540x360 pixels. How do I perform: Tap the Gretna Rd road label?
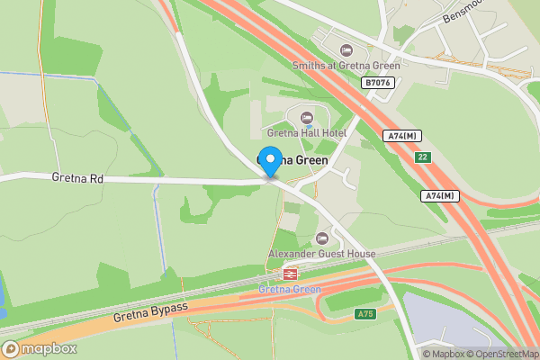tap(77, 179)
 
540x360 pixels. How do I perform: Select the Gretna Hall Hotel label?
tap(307, 133)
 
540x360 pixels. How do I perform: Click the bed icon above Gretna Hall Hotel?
tap(307, 118)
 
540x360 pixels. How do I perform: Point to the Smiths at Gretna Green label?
tap(346, 65)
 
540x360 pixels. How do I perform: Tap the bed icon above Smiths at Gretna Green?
tap(346, 49)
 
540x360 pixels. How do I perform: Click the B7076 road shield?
tap(378, 82)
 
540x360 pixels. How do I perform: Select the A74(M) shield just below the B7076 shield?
tap(401, 135)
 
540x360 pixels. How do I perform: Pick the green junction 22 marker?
tap(422, 157)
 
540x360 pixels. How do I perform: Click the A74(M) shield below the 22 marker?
tap(439, 195)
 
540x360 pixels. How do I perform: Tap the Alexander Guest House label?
tap(322, 254)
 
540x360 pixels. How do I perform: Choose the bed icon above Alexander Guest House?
tap(322, 238)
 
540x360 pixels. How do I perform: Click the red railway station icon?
tap(290, 274)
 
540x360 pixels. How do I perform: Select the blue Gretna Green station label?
tap(290, 289)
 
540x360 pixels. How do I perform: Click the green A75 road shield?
tap(364, 314)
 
